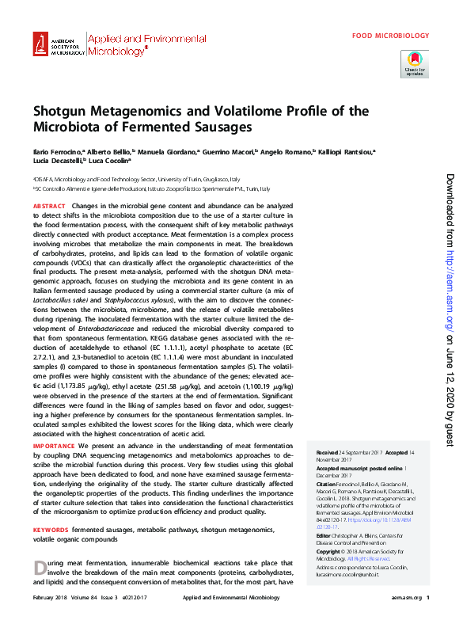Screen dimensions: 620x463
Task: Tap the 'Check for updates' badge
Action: pyautogui.click(x=416, y=63)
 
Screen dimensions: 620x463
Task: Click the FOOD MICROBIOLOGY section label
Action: pyautogui.click(x=390, y=36)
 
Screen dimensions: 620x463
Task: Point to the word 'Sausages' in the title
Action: pyautogui.click(x=221, y=126)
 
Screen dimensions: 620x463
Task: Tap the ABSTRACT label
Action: pyautogui.click(x=49, y=206)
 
